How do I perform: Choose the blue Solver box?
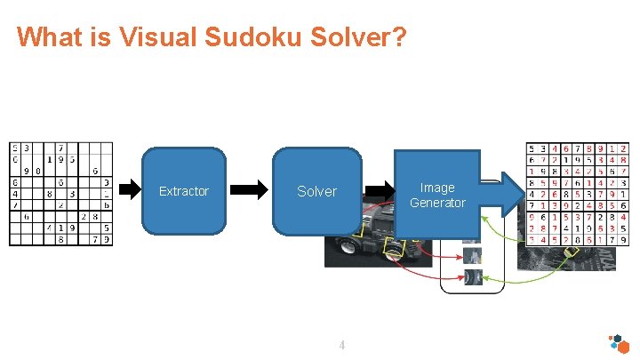316,190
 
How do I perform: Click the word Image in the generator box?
437,188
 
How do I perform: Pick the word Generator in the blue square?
437,203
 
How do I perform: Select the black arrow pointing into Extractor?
130,188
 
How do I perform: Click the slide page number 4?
341,345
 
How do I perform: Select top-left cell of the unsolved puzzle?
15,148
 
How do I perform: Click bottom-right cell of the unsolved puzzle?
107,238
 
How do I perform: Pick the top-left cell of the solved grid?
532,148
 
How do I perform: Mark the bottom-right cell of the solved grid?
624,238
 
